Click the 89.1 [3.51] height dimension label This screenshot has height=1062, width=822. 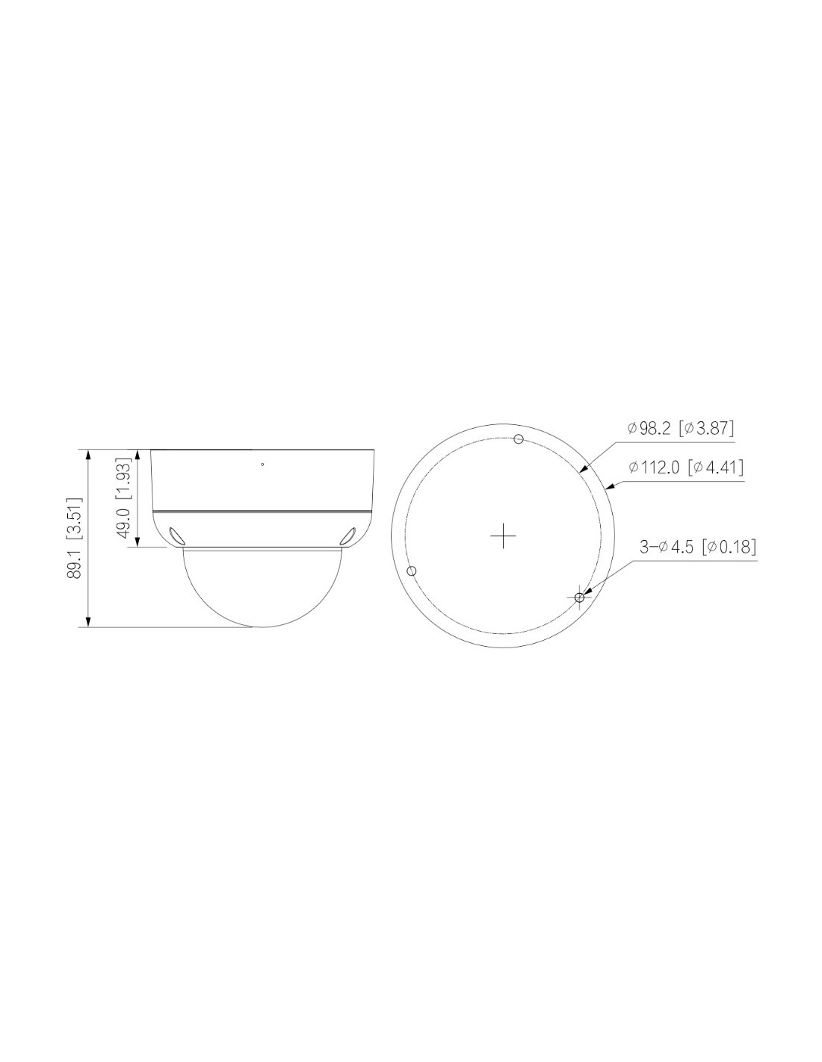[x=74, y=538]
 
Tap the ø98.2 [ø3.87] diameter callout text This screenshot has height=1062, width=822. [x=681, y=429]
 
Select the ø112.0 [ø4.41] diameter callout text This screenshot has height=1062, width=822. [x=686, y=468]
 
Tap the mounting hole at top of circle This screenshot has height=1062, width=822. [x=519, y=439]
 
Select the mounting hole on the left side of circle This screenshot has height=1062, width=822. [x=412, y=571]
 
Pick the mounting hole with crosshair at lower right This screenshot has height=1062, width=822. [x=579, y=597]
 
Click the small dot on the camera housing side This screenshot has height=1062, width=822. [x=262, y=464]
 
